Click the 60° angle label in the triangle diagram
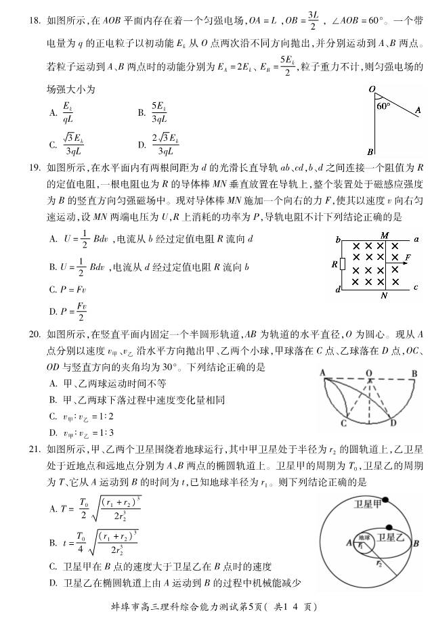(383, 106)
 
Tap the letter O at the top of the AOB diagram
(372, 89)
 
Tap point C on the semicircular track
(344, 423)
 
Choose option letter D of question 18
(142, 143)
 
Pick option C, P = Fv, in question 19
(68, 289)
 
